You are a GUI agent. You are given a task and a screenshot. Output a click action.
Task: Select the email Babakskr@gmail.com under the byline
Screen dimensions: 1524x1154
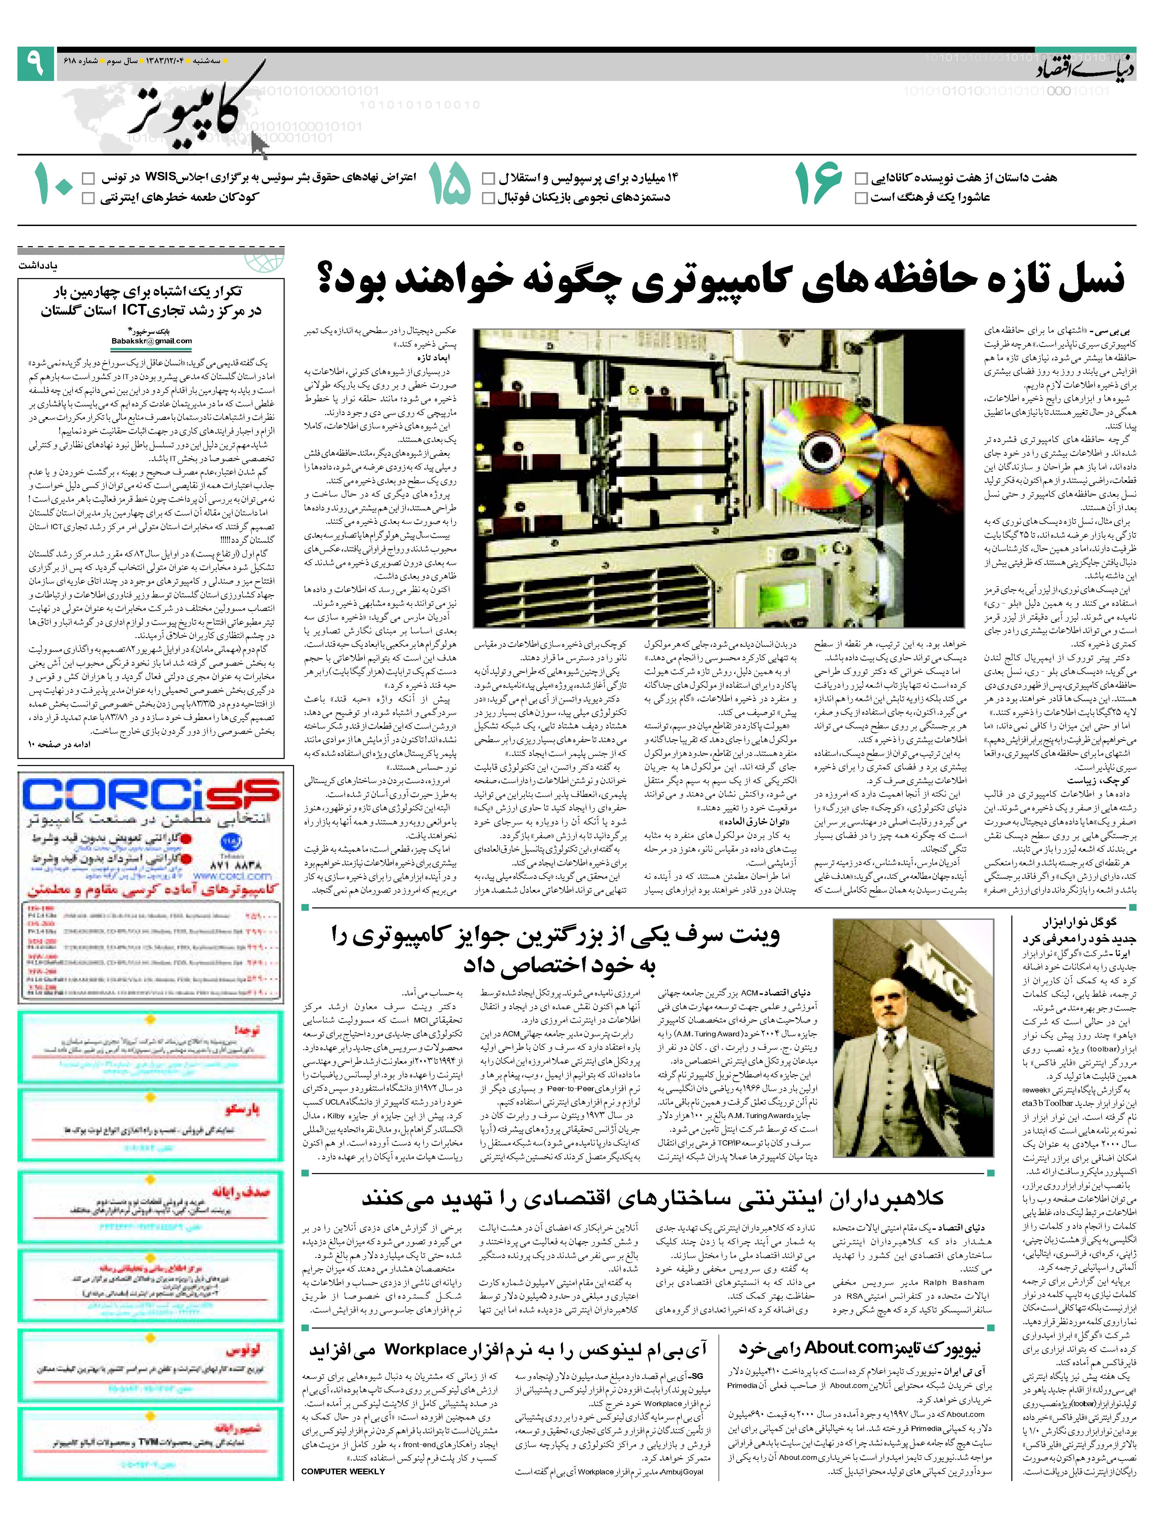click(151, 340)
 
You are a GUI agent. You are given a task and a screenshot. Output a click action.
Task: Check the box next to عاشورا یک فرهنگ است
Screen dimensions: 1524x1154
click(861, 198)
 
